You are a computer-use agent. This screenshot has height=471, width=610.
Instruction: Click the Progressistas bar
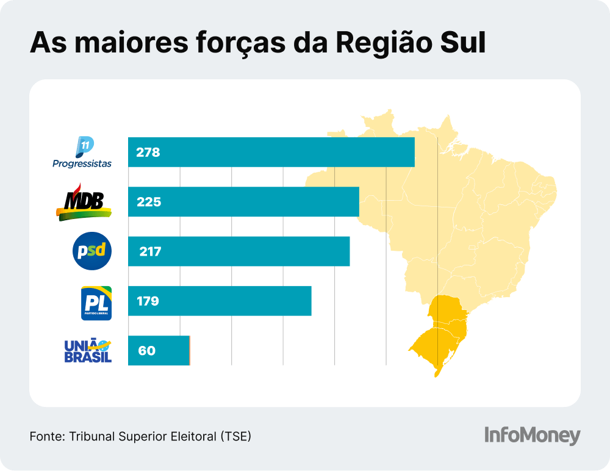pos(271,152)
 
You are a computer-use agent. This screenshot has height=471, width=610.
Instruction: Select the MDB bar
pos(243,202)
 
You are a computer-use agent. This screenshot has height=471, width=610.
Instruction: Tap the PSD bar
pos(239,251)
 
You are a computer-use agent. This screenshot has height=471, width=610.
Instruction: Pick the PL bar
pos(220,301)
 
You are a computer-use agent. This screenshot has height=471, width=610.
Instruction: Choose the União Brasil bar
pos(159,351)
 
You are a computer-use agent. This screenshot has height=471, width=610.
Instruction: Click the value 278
pos(148,153)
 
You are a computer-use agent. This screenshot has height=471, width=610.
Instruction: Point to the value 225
pos(148,202)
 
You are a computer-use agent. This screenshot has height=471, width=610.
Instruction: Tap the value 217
pos(149,251)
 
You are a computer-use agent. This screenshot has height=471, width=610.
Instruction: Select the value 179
pos(148,301)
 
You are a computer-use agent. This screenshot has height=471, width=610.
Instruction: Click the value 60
pos(146,351)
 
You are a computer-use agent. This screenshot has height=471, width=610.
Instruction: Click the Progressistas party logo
pos(82,153)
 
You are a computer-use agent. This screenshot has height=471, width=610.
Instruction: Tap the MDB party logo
pos(84,202)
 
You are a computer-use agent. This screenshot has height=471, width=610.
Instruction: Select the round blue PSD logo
pos(92,251)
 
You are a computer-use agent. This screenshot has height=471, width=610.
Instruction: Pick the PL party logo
pos(96,303)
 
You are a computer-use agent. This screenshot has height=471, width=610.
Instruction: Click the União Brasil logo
pos(88,351)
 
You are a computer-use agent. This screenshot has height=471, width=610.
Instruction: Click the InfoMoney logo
pos(532,436)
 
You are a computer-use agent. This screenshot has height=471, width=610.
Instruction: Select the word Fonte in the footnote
pos(46,437)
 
